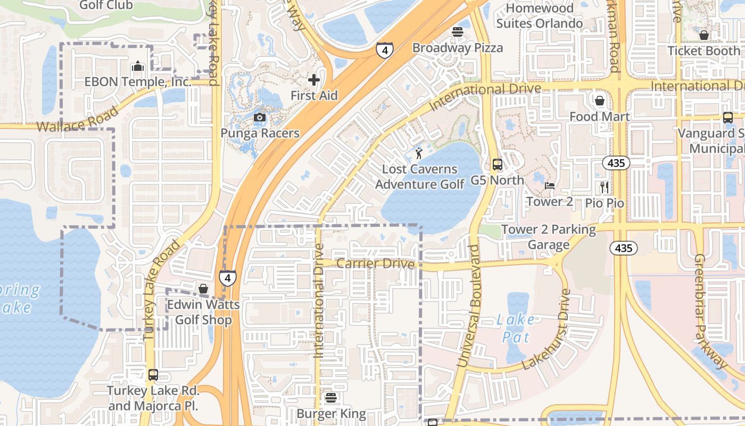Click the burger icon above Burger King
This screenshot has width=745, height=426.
click(x=331, y=398)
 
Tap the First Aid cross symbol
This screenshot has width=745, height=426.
click(x=314, y=80)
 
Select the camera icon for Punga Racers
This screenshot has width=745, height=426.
click(x=260, y=117)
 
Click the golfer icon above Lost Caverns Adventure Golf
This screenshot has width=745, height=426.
click(x=419, y=154)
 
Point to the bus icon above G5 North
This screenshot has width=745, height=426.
click(x=498, y=165)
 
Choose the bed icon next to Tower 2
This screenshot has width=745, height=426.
click(x=550, y=186)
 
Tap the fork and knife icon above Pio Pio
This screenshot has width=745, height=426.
click(x=605, y=187)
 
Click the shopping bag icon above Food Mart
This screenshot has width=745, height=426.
click(x=600, y=101)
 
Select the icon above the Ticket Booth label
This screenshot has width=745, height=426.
click(x=704, y=35)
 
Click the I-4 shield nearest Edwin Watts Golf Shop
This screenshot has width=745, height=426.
click(x=228, y=277)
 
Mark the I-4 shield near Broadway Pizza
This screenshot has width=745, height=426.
click(x=384, y=50)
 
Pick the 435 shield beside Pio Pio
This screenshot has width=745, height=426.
click(x=616, y=163)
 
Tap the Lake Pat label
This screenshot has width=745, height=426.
click(x=516, y=328)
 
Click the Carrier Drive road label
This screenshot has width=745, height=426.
click(x=376, y=264)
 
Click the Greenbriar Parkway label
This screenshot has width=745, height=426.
click(x=710, y=312)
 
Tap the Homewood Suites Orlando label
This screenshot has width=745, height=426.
click(x=540, y=16)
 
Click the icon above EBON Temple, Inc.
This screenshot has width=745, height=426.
click(x=138, y=66)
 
